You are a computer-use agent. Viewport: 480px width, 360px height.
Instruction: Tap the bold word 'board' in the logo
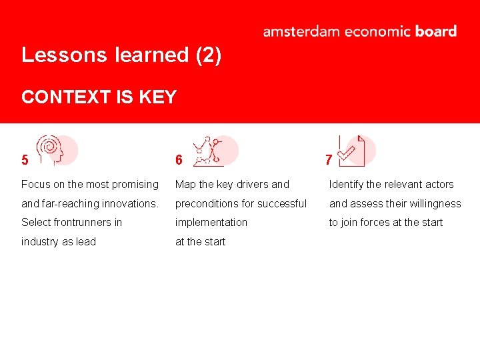(435, 31)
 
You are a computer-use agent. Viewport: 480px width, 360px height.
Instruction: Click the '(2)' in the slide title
(208, 55)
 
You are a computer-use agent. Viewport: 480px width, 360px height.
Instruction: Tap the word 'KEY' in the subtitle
(158, 97)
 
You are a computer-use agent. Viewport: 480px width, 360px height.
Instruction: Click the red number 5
(25, 160)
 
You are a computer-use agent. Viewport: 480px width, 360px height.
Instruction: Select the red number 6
(179, 160)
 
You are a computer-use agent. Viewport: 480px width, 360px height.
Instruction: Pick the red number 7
(328, 160)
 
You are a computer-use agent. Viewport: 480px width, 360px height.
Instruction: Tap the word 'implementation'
(211, 223)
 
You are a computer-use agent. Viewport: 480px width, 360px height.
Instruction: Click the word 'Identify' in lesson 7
(346, 185)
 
